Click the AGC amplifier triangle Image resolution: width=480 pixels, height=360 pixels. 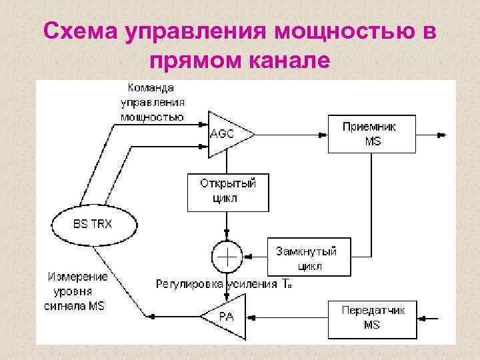(x=227, y=134)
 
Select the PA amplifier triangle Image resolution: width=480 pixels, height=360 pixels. (x=225, y=315)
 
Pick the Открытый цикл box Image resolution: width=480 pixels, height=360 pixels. (x=228, y=191)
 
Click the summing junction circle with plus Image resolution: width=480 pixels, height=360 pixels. (x=227, y=255)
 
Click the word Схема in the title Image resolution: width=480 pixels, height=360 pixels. (x=80, y=31)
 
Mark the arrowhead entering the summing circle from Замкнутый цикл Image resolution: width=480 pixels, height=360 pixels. (x=247, y=255)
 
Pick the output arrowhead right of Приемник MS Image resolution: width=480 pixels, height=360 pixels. (x=440, y=135)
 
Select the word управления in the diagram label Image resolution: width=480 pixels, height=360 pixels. (x=153, y=103)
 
